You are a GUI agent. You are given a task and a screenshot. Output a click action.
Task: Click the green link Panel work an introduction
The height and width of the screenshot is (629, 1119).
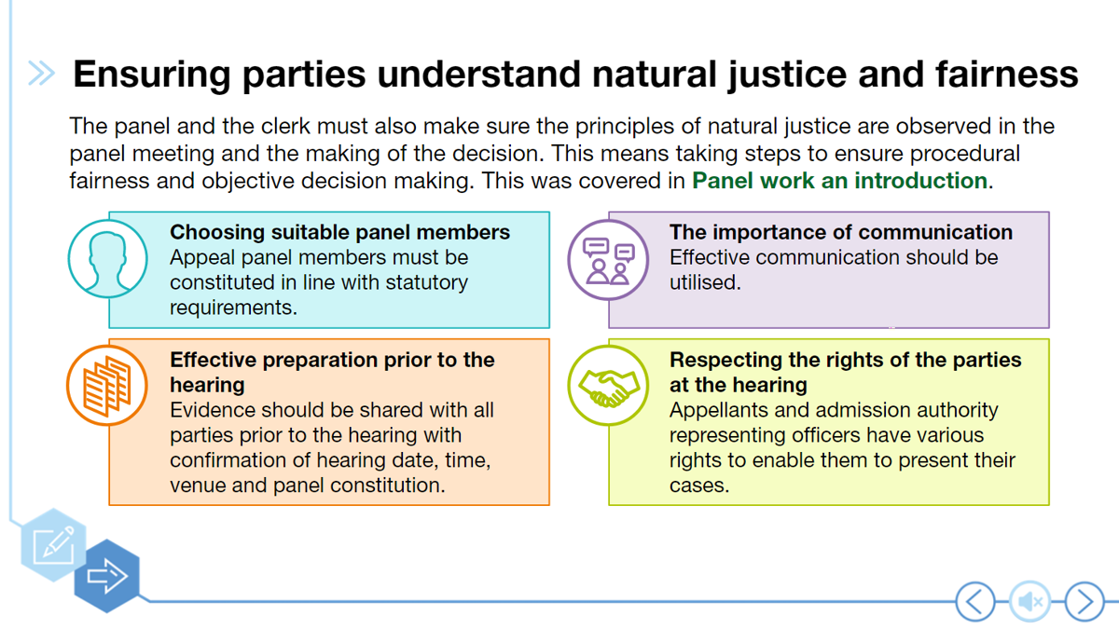[x=839, y=181]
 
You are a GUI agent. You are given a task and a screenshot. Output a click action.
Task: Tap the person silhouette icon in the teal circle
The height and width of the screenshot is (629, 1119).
[x=107, y=259]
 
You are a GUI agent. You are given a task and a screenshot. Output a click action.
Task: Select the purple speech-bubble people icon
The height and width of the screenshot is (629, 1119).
[x=608, y=260]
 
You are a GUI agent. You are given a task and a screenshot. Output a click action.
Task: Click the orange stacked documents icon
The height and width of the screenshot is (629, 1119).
[x=107, y=386]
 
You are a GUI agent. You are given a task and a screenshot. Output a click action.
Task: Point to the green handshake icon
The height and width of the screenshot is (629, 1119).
[x=608, y=386]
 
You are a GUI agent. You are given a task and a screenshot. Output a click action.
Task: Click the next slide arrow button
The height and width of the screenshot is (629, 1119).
[x=1084, y=602]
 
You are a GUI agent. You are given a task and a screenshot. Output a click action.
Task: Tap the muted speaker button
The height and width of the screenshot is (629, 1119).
[x=1029, y=602]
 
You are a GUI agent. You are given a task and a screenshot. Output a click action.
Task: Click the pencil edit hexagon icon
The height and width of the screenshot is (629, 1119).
[x=53, y=544]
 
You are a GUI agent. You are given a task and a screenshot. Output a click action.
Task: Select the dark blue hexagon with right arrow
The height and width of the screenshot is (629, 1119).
[x=107, y=576]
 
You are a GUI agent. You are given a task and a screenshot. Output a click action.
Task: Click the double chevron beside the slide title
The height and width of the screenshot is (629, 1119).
[x=41, y=74]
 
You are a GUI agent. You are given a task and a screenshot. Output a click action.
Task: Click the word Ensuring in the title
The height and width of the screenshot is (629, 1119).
[x=152, y=75]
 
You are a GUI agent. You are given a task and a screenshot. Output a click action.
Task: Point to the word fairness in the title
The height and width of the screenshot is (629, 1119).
[x=1006, y=74]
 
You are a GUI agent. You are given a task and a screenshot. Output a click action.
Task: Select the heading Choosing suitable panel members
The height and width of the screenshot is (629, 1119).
[x=339, y=232]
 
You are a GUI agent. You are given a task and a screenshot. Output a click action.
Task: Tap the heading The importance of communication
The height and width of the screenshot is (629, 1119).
[x=841, y=232]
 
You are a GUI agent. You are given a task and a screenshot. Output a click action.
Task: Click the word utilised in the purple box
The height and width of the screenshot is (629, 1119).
[x=705, y=282]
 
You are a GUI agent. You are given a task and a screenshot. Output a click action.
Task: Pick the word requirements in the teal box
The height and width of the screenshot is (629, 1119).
[x=233, y=308]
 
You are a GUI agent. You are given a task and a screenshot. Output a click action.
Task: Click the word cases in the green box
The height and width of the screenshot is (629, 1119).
[x=698, y=485]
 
